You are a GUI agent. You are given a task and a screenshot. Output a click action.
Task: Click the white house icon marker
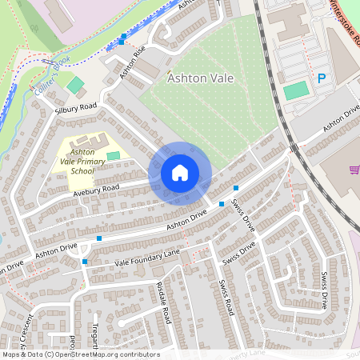pos(180,173)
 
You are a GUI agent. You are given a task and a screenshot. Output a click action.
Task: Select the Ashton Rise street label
pos(133,62)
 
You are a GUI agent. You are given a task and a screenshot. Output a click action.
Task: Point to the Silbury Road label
pos(76,106)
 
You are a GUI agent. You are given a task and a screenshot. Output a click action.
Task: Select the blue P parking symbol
pos(322,78)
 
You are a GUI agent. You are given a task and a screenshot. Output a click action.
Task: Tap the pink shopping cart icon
pos(354,170)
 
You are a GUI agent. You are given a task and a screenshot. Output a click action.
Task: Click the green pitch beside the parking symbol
pos(296,90)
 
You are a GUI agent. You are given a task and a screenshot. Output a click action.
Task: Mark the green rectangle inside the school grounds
pos(113,154)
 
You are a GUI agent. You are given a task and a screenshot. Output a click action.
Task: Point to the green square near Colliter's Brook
pos(75,84)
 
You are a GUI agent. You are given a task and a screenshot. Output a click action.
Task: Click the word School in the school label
pos(82,170)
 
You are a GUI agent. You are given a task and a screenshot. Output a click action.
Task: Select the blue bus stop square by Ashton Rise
pos(122,38)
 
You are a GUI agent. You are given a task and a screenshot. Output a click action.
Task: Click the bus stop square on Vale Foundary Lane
pos(85,261)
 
